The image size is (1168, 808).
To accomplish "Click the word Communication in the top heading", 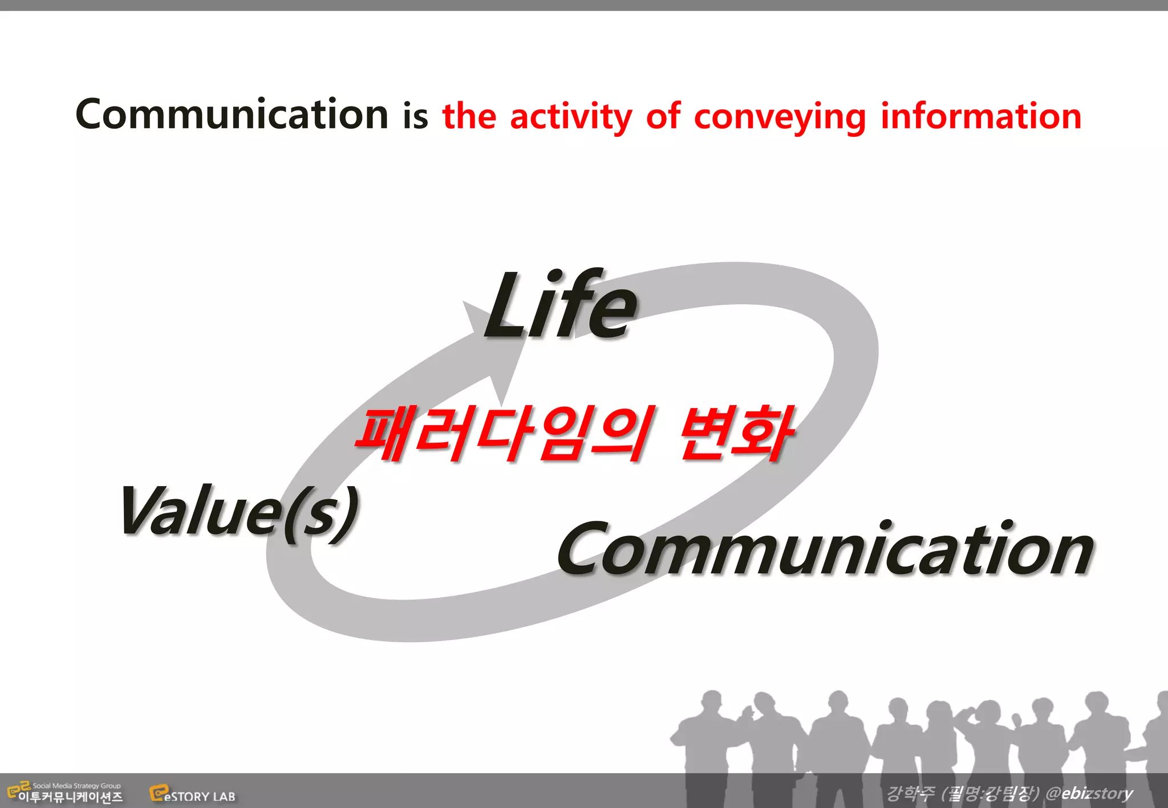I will click(x=232, y=115).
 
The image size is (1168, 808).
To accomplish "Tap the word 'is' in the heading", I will click(x=415, y=116).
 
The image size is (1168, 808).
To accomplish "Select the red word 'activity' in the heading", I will click(x=570, y=117).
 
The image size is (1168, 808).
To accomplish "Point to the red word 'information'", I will click(x=981, y=116).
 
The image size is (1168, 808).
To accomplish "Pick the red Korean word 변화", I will click(x=736, y=434).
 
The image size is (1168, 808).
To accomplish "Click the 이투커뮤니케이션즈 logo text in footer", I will click(x=70, y=797).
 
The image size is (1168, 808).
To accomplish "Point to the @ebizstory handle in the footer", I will click(x=1089, y=793).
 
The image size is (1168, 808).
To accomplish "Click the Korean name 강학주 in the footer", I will click(x=910, y=793).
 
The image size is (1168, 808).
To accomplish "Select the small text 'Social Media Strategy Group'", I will click(x=76, y=785).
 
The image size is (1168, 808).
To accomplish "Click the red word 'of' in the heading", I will click(x=663, y=116).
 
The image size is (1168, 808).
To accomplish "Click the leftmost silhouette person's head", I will click(x=711, y=699).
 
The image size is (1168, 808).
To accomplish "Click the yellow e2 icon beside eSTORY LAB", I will click(x=158, y=793).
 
